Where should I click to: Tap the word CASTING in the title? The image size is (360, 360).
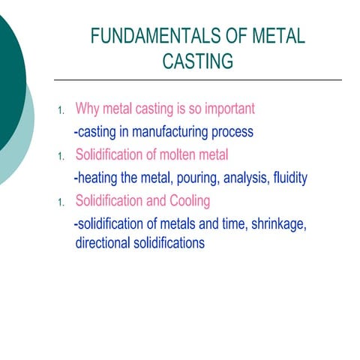[x=198, y=61]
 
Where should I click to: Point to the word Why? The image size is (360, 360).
[x=88, y=109]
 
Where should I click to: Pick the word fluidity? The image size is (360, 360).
[x=286, y=178]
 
